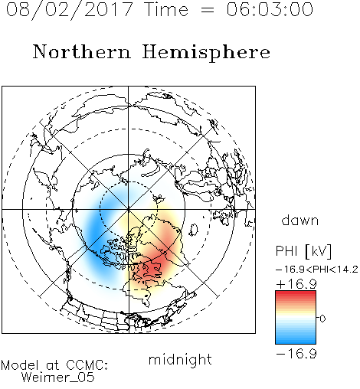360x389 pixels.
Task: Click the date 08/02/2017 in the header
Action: [x=70, y=10]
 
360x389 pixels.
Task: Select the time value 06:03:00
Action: [x=270, y=9]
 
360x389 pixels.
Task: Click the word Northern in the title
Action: [x=82, y=51]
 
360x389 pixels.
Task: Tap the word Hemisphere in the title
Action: [x=206, y=53]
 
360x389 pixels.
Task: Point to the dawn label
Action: [x=300, y=220]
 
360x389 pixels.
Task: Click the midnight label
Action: [x=180, y=360]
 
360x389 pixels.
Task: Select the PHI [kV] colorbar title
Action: [x=303, y=251]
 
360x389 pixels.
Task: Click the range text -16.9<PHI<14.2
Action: [x=317, y=270]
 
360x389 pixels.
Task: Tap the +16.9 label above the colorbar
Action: [x=296, y=284]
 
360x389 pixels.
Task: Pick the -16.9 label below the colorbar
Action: [x=296, y=354]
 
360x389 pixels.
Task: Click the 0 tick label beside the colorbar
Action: [x=322, y=319]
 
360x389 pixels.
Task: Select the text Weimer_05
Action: [x=58, y=378]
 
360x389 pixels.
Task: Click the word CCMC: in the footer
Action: [x=87, y=365]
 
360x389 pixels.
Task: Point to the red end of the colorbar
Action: [x=296, y=293]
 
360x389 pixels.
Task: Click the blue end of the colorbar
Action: [x=296, y=342]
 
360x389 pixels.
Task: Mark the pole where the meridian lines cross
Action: [x=129, y=209]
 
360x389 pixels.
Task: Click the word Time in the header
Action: [x=166, y=9]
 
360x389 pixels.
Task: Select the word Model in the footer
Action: [x=20, y=365]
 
